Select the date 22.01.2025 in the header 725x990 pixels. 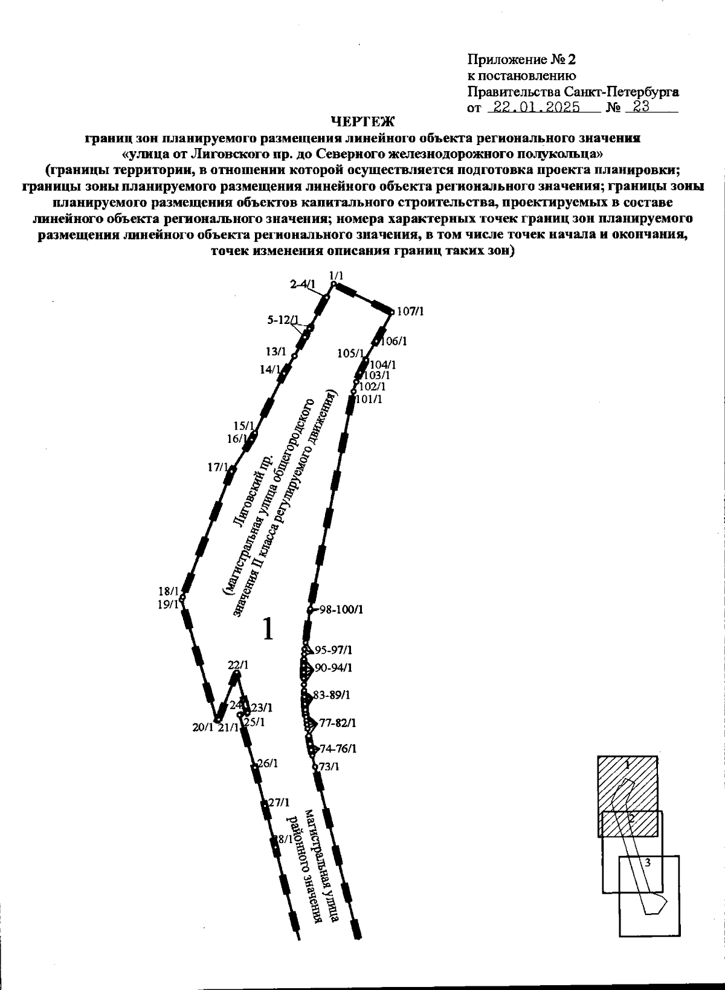(536, 108)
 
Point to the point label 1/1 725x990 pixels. (337, 276)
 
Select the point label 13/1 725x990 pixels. (275, 351)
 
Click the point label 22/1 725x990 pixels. (238, 665)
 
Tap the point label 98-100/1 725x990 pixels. (341, 609)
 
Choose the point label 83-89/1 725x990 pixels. (332, 696)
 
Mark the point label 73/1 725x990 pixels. (329, 767)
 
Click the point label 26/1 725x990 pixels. (268, 763)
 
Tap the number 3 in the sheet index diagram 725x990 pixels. (648, 863)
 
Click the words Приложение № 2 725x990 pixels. (522, 60)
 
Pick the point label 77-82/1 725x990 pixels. (338, 723)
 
